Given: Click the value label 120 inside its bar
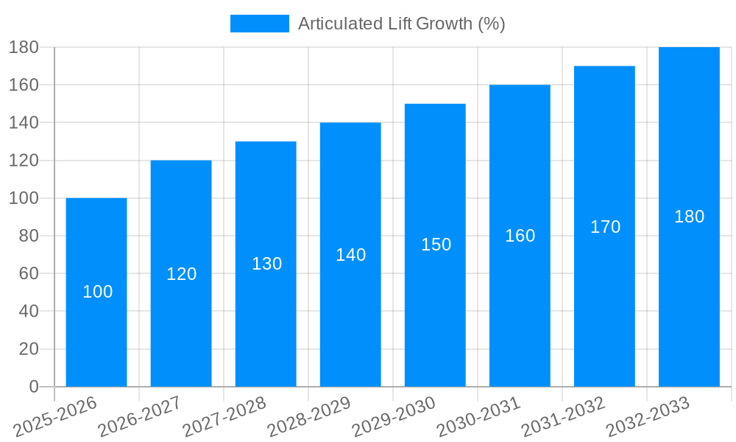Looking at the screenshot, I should click(x=182, y=274).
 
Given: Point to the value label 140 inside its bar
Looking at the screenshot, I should click(x=351, y=255).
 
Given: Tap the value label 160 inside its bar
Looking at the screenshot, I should click(x=520, y=236).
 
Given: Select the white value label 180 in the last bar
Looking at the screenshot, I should click(x=690, y=217).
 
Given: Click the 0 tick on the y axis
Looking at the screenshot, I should click(x=33, y=387).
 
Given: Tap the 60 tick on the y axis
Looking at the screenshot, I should click(x=29, y=273).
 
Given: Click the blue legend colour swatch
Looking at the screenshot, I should click(x=259, y=24).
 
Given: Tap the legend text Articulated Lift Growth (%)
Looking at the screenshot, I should click(x=401, y=24).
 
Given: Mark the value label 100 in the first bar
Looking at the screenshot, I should click(x=98, y=292).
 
